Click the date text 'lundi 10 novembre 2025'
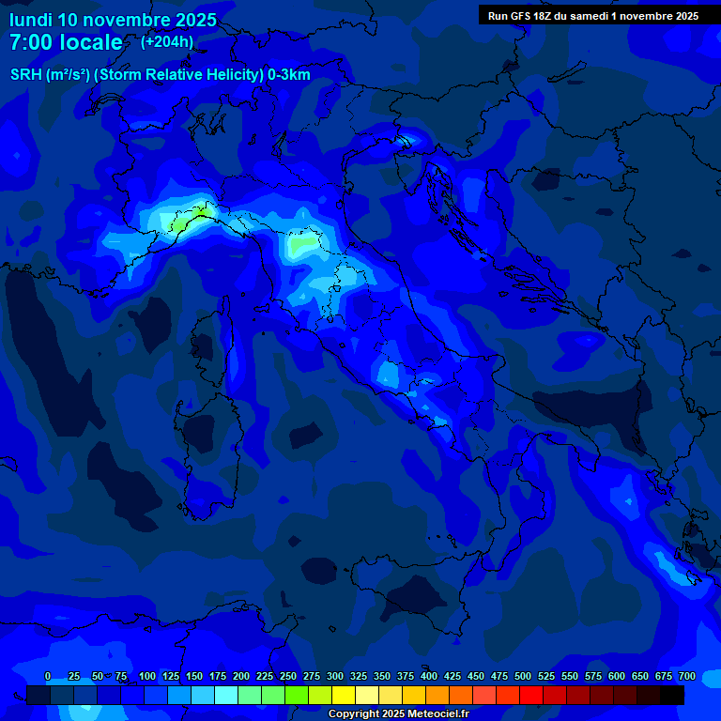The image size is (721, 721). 113,20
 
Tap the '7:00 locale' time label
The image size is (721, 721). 66,43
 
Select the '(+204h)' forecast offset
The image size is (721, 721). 167,42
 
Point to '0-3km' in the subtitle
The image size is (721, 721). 288,75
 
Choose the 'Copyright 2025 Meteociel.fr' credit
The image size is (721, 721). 398,714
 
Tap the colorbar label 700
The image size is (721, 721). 687,676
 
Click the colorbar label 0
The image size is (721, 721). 48,676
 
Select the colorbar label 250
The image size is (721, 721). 288,676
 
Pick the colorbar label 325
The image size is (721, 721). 359,676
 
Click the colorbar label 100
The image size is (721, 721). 147,676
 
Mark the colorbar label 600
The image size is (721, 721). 617,676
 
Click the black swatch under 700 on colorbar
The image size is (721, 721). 672,696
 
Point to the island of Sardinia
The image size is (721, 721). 204,451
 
